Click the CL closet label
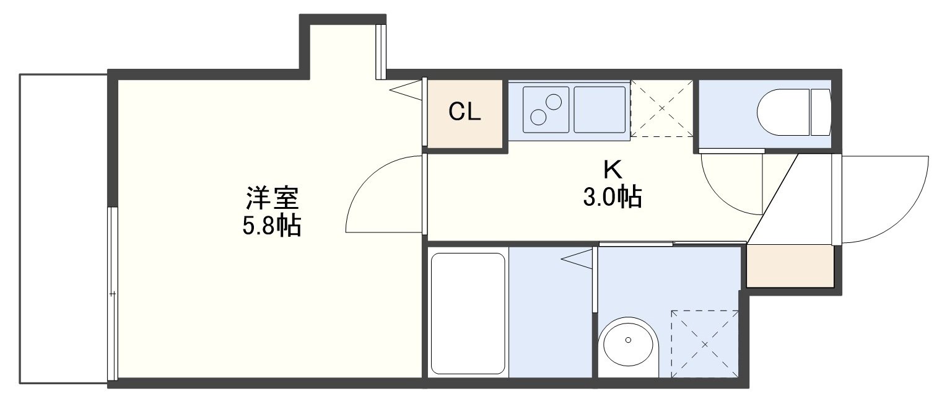pos(464,112)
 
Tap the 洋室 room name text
pos(272,198)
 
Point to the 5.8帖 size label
pos(271,226)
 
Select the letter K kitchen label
pos(613,170)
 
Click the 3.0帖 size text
pos(613,197)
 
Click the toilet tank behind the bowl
pos(821,112)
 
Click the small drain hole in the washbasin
pos(628,340)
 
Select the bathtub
pos(468,314)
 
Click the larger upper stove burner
pos(553,102)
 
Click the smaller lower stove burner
pos(538,117)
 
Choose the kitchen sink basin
pos(600,110)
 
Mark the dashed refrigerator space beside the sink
pos(662,108)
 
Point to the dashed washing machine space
pos(705,344)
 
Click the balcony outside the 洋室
pos(63,229)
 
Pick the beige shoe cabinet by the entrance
pos(790,266)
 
